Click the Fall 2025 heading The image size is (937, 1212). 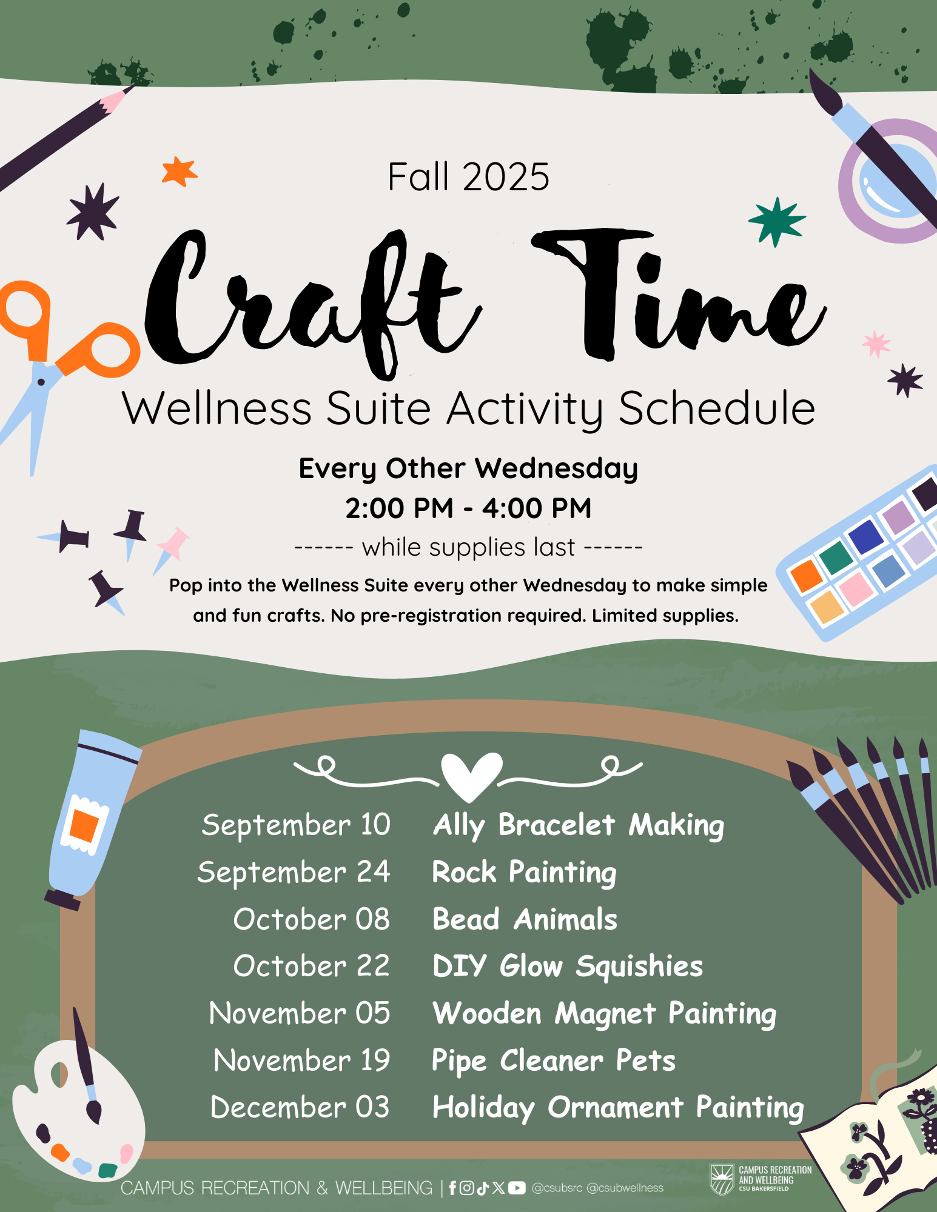point(468,177)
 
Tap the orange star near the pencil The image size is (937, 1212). point(180,171)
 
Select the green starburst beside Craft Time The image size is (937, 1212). point(777,221)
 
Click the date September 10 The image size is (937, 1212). point(296,825)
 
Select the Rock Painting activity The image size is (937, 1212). point(524,873)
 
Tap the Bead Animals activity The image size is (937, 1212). point(525,919)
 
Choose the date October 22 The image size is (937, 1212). point(312,966)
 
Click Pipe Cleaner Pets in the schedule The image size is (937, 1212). point(553,1061)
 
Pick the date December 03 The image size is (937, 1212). point(300,1107)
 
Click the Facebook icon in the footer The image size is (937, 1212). point(452,1188)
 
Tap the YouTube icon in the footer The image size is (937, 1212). point(517,1188)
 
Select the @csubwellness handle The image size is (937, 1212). point(625,1188)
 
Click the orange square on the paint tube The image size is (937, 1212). point(84,825)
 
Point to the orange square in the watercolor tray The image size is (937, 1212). point(807,575)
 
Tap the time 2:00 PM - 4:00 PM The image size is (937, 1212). point(468,508)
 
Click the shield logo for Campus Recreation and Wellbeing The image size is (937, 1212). point(722,1178)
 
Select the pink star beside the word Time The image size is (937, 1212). point(876,344)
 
